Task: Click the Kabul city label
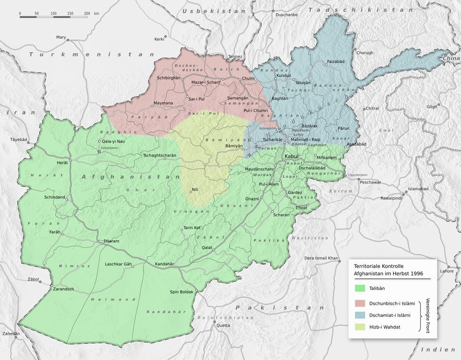[x=291, y=157]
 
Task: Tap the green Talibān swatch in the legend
[x=361, y=288]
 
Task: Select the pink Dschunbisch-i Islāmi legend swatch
[x=361, y=303]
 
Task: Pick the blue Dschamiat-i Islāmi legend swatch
[x=361, y=314]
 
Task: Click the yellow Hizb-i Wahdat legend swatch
[x=361, y=326]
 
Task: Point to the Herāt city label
[x=63, y=163]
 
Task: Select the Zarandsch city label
[x=61, y=289]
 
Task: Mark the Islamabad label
[x=418, y=189]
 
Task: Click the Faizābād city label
[x=336, y=61]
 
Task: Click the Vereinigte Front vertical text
[x=428, y=315]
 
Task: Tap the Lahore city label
[x=447, y=271]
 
